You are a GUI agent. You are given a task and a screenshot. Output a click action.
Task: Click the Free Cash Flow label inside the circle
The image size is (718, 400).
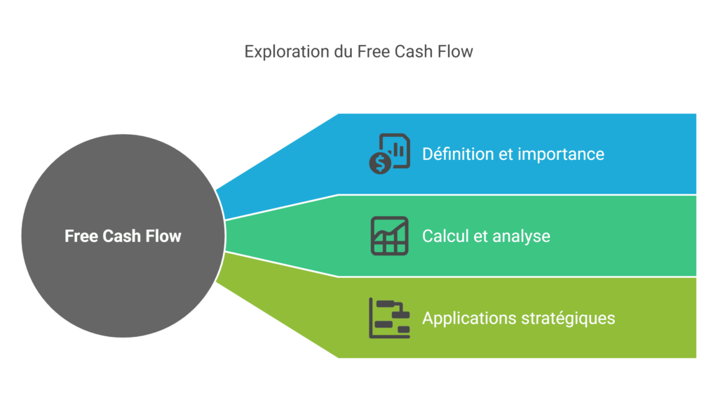click(x=123, y=236)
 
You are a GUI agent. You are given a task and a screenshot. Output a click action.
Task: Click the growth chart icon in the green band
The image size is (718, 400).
click(x=389, y=236)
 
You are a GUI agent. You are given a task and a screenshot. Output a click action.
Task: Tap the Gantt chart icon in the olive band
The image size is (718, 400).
click(x=389, y=318)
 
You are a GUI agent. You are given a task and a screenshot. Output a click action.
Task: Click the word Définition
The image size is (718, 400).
click(x=458, y=154)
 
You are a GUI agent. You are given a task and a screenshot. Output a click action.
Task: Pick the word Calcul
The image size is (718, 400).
click(x=446, y=236)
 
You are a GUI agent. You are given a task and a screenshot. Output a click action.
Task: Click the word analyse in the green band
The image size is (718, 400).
click(x=521, y=236)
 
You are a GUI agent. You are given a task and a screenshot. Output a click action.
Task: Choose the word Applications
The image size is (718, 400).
click(x=469, y=318)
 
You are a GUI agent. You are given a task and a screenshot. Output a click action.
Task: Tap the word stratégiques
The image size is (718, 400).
click(x=568, y=318)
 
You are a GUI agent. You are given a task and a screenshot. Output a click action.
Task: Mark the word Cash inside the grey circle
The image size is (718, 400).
click(x=122, y=236)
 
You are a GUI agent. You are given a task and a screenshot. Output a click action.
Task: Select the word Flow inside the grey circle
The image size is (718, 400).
click(x=163, y=236)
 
